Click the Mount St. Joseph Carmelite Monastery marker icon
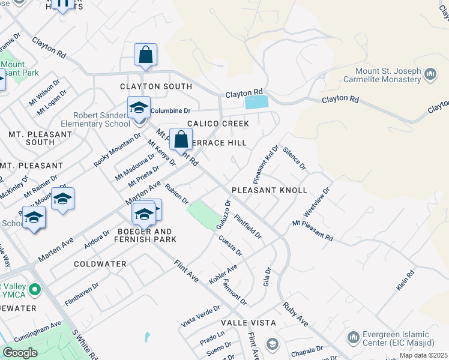pos(430,74)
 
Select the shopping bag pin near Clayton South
pos(145,56)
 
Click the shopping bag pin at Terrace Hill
pos(181,140)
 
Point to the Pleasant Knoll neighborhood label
pos(278,190)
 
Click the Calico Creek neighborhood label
pos(218,124)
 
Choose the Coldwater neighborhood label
pos(100,264)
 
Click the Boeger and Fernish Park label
pos(143,235)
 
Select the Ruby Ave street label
pos(295,314)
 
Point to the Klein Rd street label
pos(405,281)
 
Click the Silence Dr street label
pos(294,158)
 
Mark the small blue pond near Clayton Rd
pos(257,102)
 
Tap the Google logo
pos(20,353)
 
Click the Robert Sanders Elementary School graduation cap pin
pos(139,108)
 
